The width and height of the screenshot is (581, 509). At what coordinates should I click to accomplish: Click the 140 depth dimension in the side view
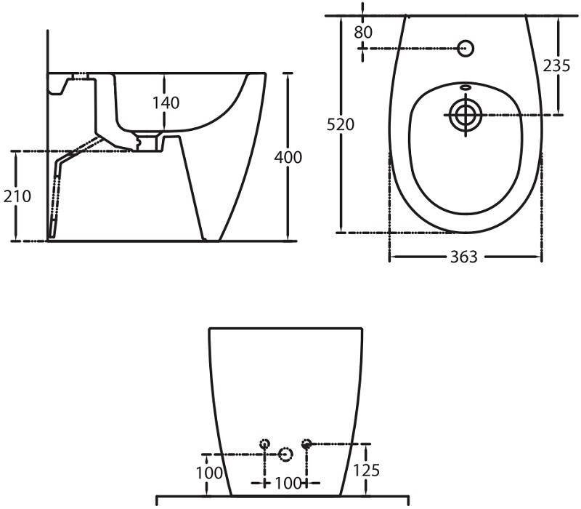click(x=166, y=103)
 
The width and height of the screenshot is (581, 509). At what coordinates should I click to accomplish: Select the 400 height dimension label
click(x=288, y=157)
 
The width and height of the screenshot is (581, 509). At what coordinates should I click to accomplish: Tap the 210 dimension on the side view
click(x=17, y=196)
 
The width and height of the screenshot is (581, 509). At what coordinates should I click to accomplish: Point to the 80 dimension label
click(x=362, y=32)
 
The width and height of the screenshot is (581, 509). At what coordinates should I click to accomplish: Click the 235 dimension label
click(x=556, y=65)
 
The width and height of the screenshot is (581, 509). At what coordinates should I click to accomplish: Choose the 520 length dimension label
click(x=340, y=124)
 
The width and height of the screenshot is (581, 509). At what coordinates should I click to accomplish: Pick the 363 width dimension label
click(x=464, y=257)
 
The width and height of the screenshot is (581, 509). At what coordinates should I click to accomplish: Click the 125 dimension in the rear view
click(x=366, y=470)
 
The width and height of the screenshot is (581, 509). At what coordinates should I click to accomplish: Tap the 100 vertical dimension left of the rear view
click(x=209, y=473)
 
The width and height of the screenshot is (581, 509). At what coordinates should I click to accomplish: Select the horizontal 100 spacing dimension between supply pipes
click(x=288, y=483)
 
